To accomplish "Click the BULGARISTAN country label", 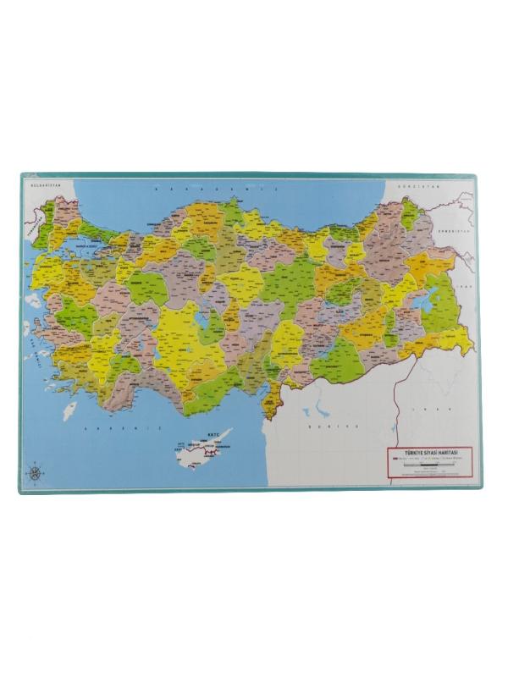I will point(41,183).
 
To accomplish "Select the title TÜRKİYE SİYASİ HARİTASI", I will point(431,454).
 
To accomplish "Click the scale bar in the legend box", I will point(431,467).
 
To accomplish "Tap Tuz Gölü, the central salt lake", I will point(201,320).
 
